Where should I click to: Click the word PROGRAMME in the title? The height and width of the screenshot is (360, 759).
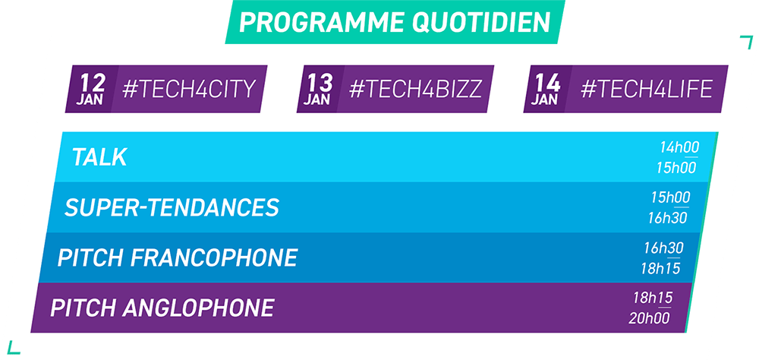[321, 22]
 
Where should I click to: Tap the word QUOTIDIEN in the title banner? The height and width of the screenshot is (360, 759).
[482, 22]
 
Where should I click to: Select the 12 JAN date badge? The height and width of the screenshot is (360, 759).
[92, 90]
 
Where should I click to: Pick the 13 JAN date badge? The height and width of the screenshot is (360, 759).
[319, 90]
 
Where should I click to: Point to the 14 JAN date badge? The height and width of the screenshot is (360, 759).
[546, 90]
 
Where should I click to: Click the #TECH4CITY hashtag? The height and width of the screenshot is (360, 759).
[189, 90]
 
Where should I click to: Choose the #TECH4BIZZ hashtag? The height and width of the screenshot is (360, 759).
[415, 90]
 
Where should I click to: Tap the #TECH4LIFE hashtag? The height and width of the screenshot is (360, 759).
[647, 90]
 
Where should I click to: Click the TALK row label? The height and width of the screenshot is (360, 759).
[99, 157]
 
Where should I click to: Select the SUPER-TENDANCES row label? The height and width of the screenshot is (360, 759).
[172, 208]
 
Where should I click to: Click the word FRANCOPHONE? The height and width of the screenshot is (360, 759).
[213, 257]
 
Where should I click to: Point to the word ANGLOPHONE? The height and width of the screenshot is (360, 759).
[198, 308]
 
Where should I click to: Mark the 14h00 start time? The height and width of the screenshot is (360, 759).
[679, 147]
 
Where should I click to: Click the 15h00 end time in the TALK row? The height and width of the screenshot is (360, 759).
[676, 168]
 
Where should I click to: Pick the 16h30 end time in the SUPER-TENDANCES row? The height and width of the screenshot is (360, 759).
[667, 218]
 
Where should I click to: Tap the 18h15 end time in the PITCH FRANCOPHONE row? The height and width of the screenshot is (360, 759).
[660, 268]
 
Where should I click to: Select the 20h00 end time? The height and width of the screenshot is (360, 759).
[649, 318]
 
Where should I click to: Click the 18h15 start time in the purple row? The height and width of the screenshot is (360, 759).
[653, 298]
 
